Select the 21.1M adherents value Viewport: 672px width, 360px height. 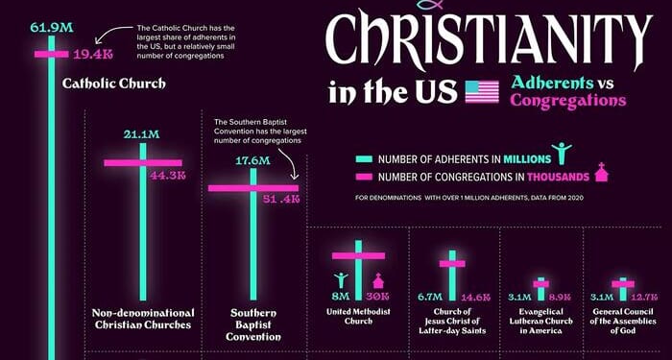tap(141, 133)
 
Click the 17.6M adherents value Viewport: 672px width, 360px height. tap(253, 160)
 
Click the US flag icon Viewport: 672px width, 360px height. tap(482, 92)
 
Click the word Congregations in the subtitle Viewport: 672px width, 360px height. tap(568, 100)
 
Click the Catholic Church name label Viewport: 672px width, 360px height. tap(114, 84)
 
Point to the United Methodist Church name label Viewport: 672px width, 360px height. tap(357, 314)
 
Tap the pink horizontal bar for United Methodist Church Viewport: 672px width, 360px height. tap(358, 255)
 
